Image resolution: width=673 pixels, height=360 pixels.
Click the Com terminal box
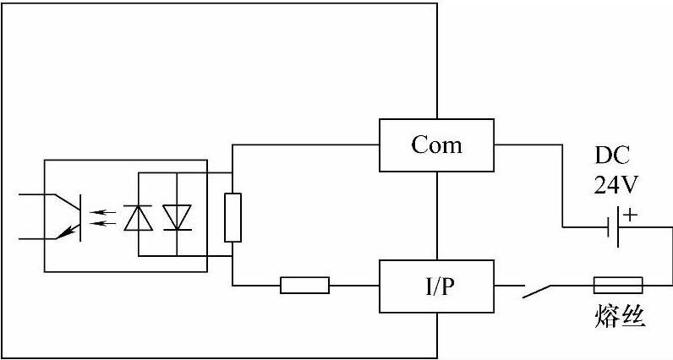(436, 145)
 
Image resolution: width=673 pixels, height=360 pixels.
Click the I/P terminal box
(436, 286)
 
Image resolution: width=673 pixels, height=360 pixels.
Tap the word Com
(436, 145)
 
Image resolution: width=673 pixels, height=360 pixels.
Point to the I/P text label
(436, 286)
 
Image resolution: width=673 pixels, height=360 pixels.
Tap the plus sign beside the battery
(631, 215)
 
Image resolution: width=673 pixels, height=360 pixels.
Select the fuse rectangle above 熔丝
(618, 285)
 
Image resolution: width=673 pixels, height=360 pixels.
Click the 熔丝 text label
(621, 318)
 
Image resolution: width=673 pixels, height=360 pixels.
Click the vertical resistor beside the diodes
(233, 217)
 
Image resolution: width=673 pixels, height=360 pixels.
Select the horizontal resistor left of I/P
(304, 286)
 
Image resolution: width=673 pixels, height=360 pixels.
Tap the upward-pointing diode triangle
(136, 217)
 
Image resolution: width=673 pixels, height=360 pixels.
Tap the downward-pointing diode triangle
(177, 217)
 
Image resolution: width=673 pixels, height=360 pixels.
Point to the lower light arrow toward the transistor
(102, 223)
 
